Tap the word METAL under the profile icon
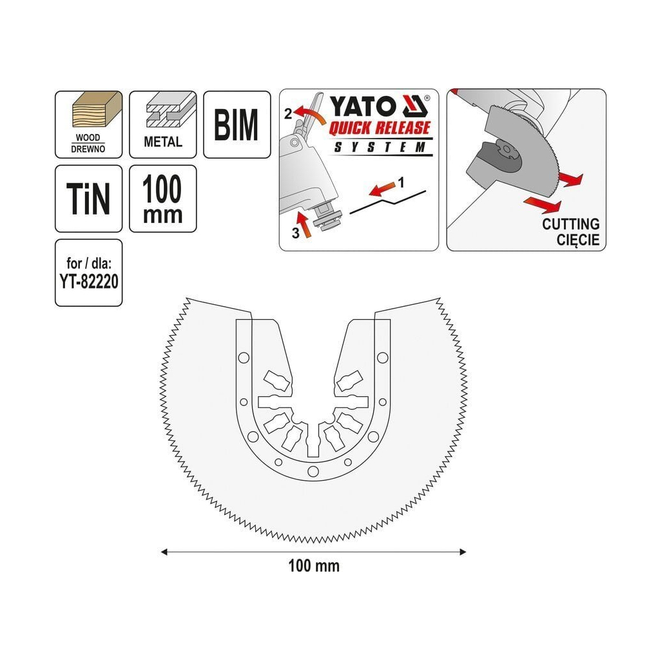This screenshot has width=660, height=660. tap(162, 142)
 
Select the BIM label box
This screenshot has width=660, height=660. tap(237, 124)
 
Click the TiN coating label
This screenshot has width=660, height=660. tap(88, 199)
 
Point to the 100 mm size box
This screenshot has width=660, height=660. tap(162, 199)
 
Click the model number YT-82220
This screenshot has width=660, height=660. tap(88, 282)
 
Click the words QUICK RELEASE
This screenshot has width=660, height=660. tap(379, 128)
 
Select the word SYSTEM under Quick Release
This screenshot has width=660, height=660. tap(379, 147)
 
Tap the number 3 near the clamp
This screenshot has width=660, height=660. tap(295, 234)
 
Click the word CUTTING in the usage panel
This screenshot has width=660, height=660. tap(570, 224)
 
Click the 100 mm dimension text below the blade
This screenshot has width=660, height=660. tap(313, 567)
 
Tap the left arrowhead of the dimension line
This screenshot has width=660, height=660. tap(164, 552)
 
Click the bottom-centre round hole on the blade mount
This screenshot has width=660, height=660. tap(313, 471)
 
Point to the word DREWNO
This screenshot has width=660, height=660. tap(88, 150)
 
